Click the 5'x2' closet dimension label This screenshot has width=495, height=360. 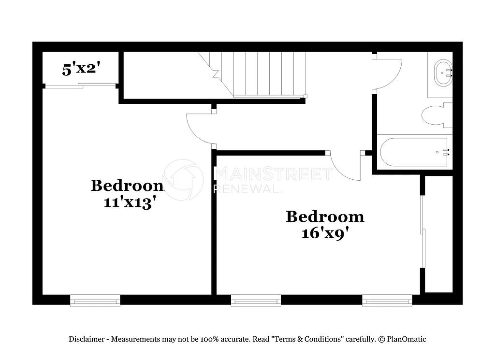coord(81,69)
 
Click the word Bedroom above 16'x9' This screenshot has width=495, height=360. coord(325,216)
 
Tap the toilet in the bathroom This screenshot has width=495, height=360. coord(436,115)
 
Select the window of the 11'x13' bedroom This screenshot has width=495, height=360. coord(95,301)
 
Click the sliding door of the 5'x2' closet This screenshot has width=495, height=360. coord(80,86)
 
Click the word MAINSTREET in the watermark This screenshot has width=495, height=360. coord(273,173)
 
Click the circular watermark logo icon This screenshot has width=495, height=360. coord(183,179)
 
